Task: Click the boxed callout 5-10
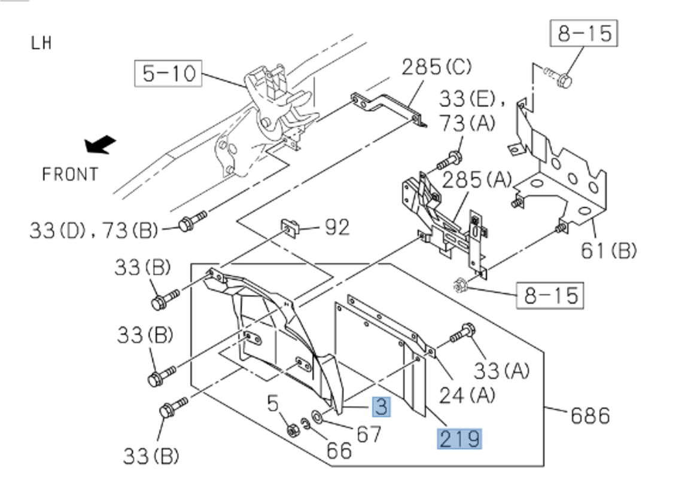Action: pyautogui.click(x=169, y=74)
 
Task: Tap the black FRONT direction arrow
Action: pyautogui.click(x=100, y=145)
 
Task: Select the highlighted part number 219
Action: pyautogui.click(x=459, y=439)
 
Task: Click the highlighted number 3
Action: pyautogui.click(x=381, y=407)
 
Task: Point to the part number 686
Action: pyautogui.click(x=590, y=415)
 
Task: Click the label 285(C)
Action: pyautogui.click(x=436, y=67)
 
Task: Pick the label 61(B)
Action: pyautogui.click(x=608, y=250)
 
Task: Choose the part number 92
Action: pyautogui.click(x=337, y=227)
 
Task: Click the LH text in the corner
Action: pyautogui.click(x=41, y=43)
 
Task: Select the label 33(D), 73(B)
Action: pyautogui.click(x=94, y=230)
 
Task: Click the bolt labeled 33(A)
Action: pyautogui.click(x=462, y=332)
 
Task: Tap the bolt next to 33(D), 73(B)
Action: pyautogui.click(x=191, y=221)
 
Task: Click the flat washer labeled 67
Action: pyautogui.click(x=317, y=417)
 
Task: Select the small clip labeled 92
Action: pyautogui.click(x=290, y=228)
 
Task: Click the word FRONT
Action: pyautogui.click(x=70, y=174)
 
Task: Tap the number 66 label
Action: pyautogui.click(x=339, y=450)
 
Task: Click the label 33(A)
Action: pyautogui.click(x=501, y=371)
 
